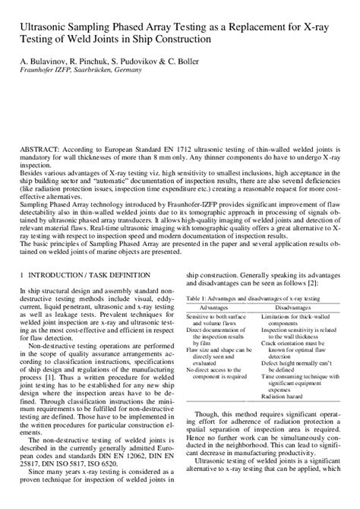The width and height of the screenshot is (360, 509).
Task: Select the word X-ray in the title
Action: (317, 25)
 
